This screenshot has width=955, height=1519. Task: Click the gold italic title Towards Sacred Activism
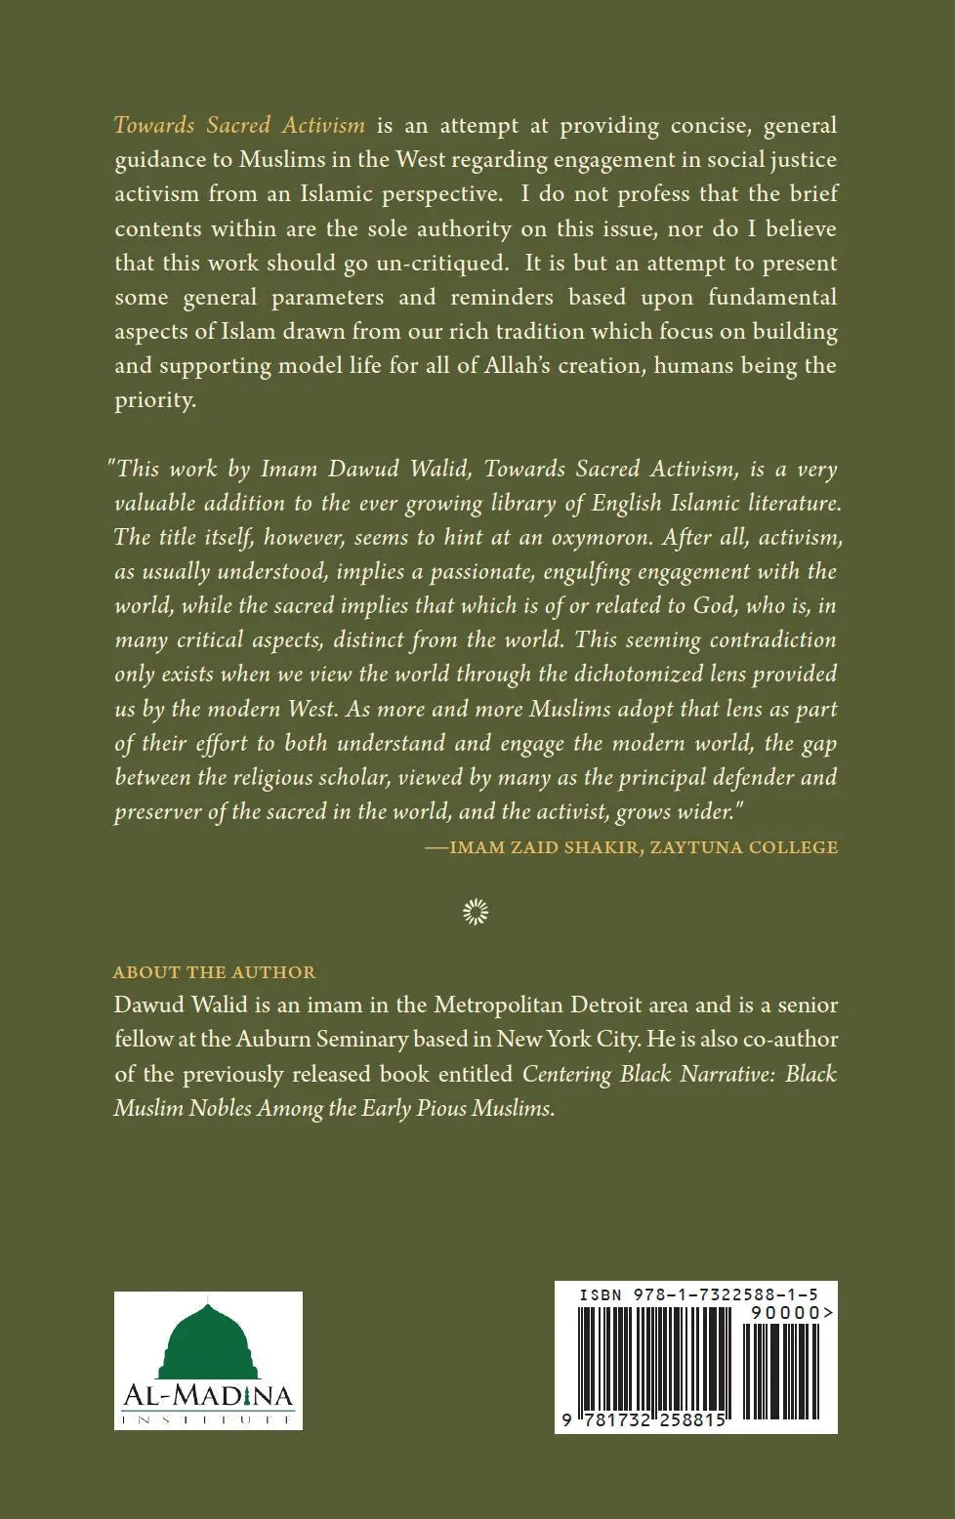pos(239,125)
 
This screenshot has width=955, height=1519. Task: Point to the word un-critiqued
pos(453,263)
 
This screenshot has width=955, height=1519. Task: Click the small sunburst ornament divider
pos(476,912)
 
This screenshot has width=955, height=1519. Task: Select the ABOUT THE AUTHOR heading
pos(215,972)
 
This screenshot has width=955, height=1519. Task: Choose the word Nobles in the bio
pos(219,1108)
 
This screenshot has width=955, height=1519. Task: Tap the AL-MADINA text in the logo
pos(208,1397)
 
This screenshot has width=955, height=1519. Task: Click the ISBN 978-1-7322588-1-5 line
pos(697,1294)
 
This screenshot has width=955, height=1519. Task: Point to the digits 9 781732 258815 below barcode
pos(644,1420)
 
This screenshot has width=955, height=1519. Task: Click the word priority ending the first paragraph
pos(155,400)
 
